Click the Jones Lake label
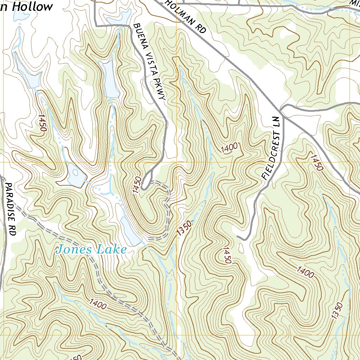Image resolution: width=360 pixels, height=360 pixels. (x=91, y=249)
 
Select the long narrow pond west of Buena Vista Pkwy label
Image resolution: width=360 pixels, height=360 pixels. (x=110, y=79)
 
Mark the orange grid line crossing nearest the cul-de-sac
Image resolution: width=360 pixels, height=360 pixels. (x=176, y=162)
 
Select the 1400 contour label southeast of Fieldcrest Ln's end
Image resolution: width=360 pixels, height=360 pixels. (x=305, y=272)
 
